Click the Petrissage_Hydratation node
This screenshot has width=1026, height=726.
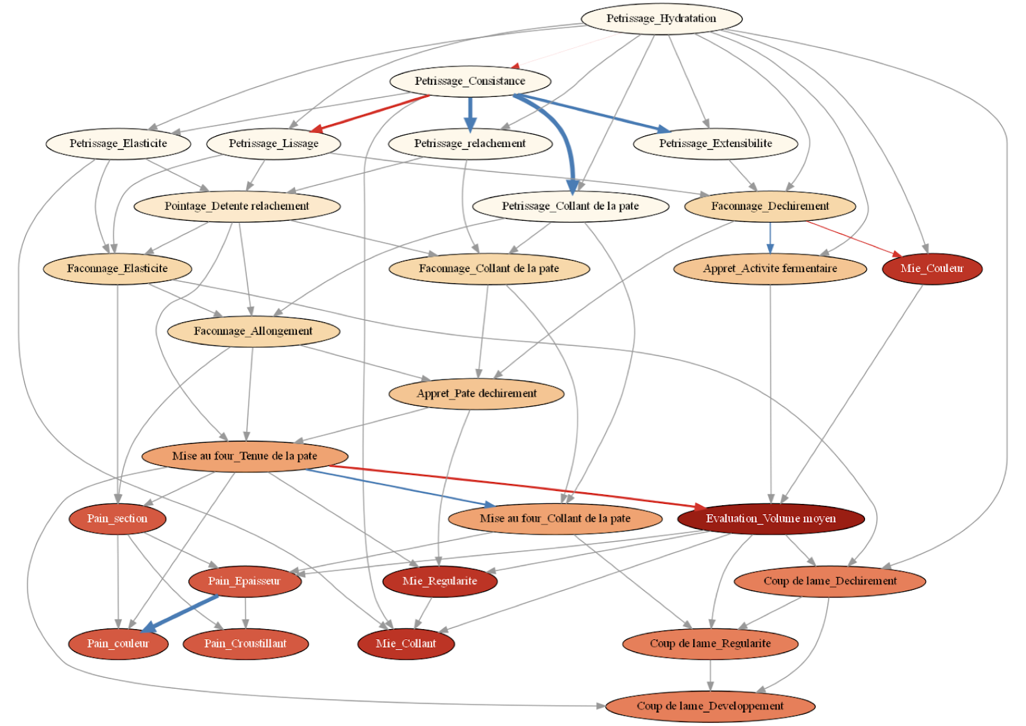(x=661, y=19)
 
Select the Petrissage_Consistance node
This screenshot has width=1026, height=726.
(x=470, y=82)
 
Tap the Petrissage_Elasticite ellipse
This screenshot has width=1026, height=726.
(x=118, y=144)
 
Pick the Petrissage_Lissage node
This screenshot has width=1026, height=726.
(x=274, y=144)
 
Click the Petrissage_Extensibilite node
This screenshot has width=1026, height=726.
(x=716, y=144)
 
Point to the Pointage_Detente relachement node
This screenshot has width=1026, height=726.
(x=237, y=206)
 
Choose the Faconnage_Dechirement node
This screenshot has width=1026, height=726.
(x=770, y=206)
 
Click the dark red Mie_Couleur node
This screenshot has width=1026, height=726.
(x=932, y=268)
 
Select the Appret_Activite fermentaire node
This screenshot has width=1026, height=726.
(x=770, y=268)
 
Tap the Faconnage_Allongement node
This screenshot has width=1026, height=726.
(x=253, y=331)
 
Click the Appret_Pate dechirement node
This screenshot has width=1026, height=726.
(x=476, y=393)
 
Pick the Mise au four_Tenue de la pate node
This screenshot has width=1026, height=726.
(x=244, y=456)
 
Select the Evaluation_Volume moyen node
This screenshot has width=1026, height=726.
(x=771, y=519)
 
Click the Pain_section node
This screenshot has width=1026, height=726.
(x=117, y=519)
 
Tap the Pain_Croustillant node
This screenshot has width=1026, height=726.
(x=246, y=644)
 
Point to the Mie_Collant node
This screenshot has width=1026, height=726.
(x=406, y=644)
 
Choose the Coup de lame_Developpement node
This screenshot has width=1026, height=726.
(x=710, y=706)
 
